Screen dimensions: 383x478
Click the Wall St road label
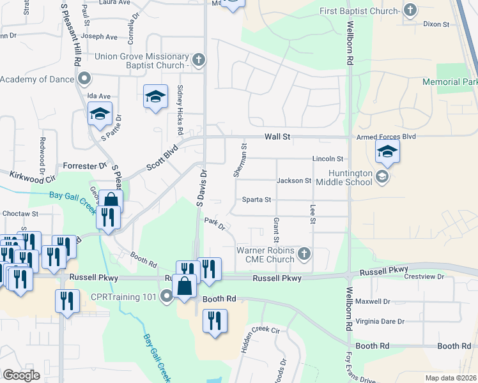pos(278,137)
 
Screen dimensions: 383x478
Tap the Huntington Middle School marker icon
pos(382,177)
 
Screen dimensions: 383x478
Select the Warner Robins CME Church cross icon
pos(304,254)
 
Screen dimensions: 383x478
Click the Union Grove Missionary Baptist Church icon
pos(198,61)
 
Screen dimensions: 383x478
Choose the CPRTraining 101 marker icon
pos(167,296)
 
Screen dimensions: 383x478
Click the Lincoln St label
pos(328,158)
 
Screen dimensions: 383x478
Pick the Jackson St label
pos(294,181)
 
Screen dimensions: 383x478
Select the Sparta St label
pos(257,200)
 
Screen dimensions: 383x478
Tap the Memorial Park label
pos(450,82)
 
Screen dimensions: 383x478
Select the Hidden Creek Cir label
pos(258,331)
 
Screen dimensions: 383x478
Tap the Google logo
pos(21,375)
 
